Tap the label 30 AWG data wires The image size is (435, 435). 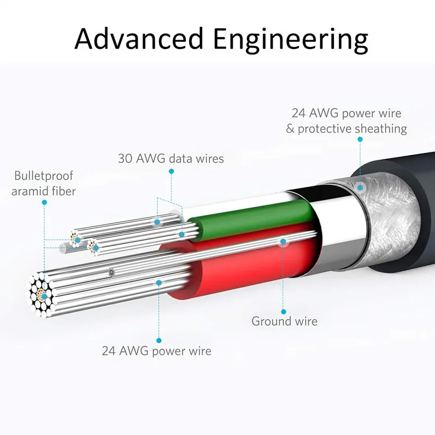(171, 159)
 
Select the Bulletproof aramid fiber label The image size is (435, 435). (43, 183)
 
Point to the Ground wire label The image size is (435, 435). (284, 321)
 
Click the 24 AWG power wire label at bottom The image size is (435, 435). (157, 351)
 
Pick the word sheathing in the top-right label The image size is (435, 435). (380, 129)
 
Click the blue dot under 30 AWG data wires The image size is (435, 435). (171, 171)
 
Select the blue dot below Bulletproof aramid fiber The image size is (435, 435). (44, 202)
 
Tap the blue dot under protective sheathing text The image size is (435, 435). (359, 140)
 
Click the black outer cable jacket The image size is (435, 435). (402, 217)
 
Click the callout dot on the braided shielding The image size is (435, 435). (359, 188)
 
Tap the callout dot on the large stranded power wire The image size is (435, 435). (159, 282)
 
